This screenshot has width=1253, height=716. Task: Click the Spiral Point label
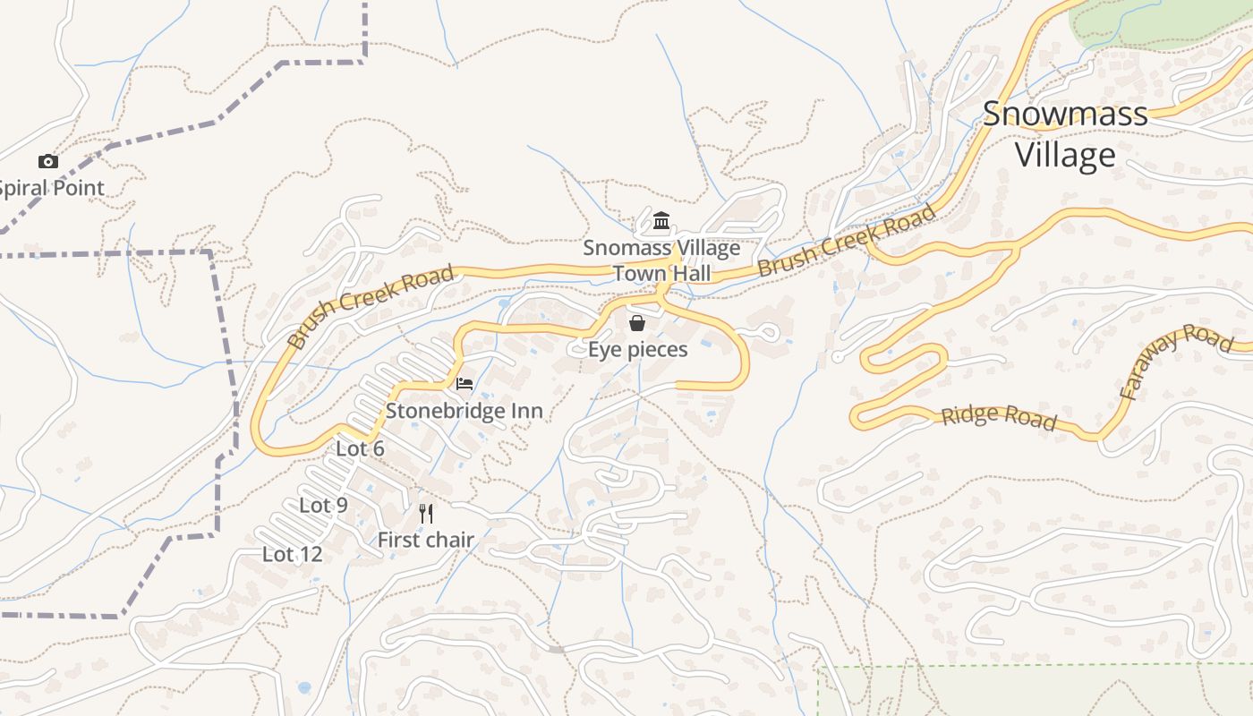tap(52, 188)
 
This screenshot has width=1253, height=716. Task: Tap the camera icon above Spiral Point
tap(48, 161)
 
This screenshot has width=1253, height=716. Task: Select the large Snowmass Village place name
tap(1065, 134)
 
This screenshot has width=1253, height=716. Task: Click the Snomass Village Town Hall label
tap(661, 260)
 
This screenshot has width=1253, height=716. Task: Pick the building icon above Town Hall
tap(661, 220)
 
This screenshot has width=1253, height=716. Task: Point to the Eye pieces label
tap(637, 349)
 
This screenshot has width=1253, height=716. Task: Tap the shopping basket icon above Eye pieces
tap(637, 323)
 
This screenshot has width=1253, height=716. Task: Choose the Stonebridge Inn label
tap(464, 411)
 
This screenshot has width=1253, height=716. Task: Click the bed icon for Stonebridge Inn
tap(465, 384)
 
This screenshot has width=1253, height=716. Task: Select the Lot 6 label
tap(360, 448)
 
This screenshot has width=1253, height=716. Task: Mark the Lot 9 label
tap(323, 505)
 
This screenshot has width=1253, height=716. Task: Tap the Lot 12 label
tap(292, 554)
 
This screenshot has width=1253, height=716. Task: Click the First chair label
tap(425, 540)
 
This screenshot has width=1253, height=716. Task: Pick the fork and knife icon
tap(426, 514)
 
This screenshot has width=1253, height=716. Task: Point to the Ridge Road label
tap(999, 417)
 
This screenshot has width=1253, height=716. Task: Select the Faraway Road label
tap(1175, 361)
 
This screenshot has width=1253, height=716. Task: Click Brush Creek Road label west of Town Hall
tap(371, 306)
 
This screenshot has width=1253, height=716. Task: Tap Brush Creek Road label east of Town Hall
tap(847, 240)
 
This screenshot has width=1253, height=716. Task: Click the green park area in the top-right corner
tap(1163, 22)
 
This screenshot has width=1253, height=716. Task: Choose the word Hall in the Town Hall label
tap(687, 273)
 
